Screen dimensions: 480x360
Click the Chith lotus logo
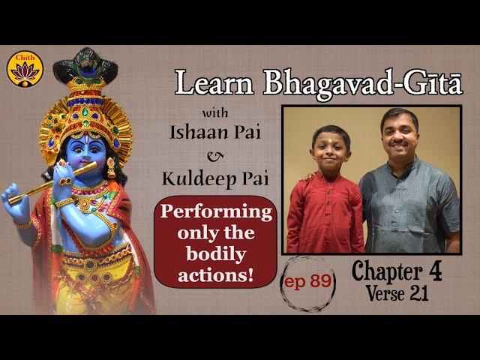pyautogui.click(x=25, y=69)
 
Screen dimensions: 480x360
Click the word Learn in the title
pyautogui.click(x=214, y=82)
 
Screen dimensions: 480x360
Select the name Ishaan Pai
pyautogui.click(x=215, y=133)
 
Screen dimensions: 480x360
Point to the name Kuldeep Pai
pyautogui.click(x=215, y=178)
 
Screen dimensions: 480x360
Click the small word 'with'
pyautogui.click(x=215, y=113)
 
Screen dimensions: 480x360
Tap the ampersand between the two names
pyautogui.click(x=215, y=156)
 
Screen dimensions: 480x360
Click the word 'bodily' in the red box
pyautogui.click(x=216, y=255)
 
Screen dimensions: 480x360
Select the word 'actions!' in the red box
pyautogui.click(x=216, y=274)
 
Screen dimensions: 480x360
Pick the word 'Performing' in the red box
pyautogui.click(x=216, y=213)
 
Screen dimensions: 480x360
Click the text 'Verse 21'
pyautogui.click(x=397, y=293)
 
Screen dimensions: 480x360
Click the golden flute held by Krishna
pyautogui.click(x=52, y=183)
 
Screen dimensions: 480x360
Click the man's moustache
pyautogui.click(x=399, y=143)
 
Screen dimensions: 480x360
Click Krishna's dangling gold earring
pyautogui.click(x=111, y=167)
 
